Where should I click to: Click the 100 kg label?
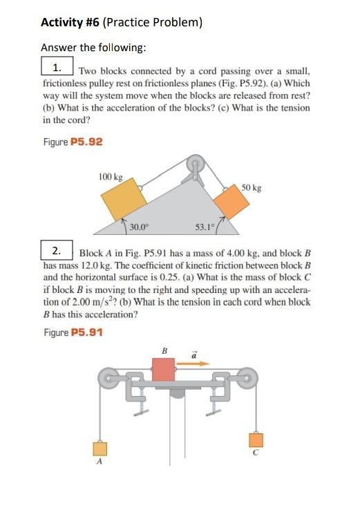[x=110, y=177]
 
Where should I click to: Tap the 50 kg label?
[x=252, y=188]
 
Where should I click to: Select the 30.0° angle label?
[x=140, y=226]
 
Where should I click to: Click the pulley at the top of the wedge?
[x=196, y=167]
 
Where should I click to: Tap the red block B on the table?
[x=163, y=369]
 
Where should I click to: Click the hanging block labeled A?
[x=100, y=449]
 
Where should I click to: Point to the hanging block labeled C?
[x=256, y=440]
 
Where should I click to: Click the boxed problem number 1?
[x=57, y=68]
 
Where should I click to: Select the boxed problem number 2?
[x=57, y=249]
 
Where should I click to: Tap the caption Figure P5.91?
[x=73, y=332]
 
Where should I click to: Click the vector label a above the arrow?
[x=193, y=351]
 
